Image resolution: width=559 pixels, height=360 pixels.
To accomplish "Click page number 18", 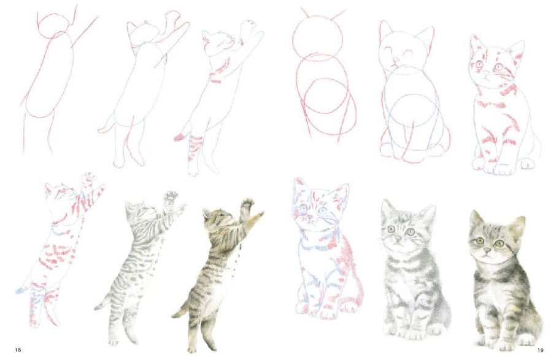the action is coord(18,350).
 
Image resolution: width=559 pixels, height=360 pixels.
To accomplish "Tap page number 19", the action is coord(541,350).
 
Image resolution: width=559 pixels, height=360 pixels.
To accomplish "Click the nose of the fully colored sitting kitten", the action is coord(486,253).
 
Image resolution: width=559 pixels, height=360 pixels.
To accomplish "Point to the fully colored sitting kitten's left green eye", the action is coord(479,241).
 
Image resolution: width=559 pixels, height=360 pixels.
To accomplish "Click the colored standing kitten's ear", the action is coord(206,213).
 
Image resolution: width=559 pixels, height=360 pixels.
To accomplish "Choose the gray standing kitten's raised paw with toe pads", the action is coord(171,196).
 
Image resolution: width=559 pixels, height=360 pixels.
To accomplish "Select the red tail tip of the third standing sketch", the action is coord(179,137).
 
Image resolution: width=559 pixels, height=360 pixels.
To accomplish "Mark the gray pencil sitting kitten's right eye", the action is coord(411,232).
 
